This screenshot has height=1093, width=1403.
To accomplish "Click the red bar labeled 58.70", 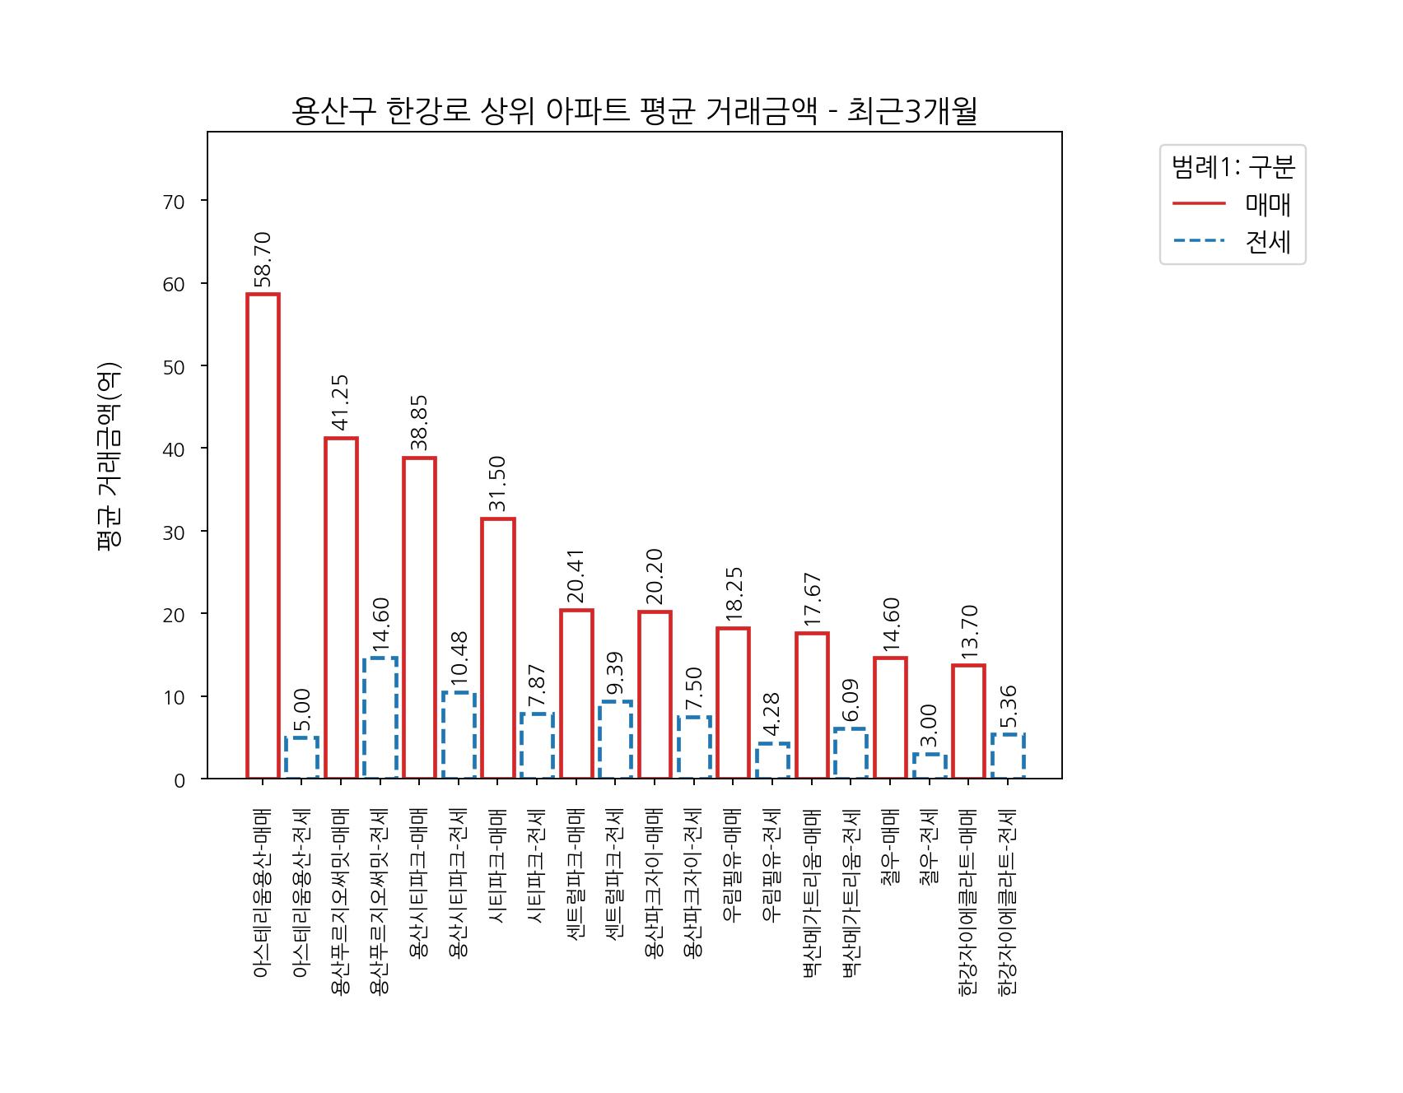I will point(263,535).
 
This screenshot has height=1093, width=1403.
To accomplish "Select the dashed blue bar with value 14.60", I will point(380,718).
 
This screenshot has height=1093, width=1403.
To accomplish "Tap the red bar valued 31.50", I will point(498,648).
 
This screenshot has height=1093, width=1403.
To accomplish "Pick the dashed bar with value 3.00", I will point(930,766).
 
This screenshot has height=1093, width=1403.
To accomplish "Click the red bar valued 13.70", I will point(968,721).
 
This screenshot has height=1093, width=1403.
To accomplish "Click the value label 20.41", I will point(576,575).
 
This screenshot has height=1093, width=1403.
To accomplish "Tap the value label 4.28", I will point(771,714).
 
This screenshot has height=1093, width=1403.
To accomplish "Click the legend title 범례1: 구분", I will point(1233,167).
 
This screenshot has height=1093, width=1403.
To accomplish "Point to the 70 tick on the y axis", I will point(175,202).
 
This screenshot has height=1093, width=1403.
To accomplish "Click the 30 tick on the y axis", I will point(175,532).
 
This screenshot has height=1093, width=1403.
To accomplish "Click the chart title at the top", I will point(634,111).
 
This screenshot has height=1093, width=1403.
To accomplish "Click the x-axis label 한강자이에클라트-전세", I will point(1008,902).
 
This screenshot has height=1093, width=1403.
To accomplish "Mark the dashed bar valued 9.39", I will point(615,739).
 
